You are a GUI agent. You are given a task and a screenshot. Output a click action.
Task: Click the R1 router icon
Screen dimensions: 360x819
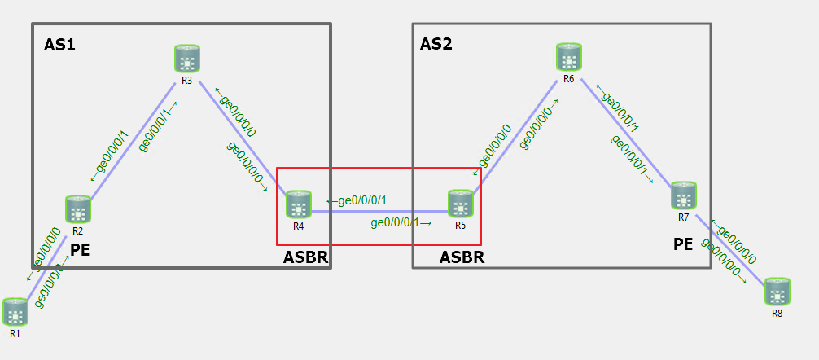click(15, 312)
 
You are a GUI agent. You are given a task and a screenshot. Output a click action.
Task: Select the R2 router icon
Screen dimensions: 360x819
click(78, 209)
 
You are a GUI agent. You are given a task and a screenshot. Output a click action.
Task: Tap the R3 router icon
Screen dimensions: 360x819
click(186, 59)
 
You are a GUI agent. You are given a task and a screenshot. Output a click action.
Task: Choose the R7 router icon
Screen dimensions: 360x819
click(684, 196)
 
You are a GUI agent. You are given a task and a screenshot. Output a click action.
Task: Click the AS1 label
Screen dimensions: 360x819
click(59, 45)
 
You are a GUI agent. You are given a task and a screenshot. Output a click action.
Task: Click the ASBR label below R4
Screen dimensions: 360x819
click(305, 257)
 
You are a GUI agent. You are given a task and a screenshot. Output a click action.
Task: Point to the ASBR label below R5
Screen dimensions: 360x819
click(462, 257)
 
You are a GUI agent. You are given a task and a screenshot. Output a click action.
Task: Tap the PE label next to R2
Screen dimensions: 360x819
click(80, 249)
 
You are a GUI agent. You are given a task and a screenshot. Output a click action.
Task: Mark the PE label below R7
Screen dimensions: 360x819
click(683, 243)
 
